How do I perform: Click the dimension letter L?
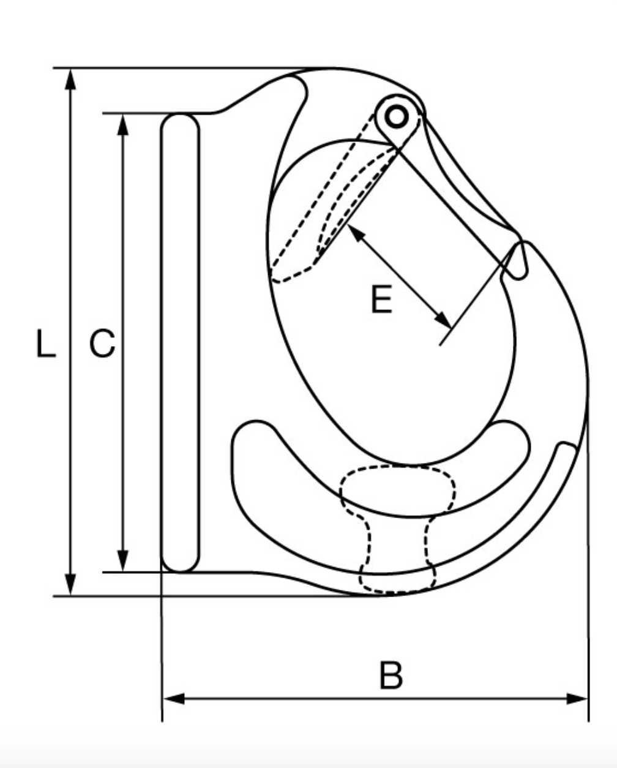pos(45,344)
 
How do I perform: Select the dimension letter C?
pos(102,344)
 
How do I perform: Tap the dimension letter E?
pos(382,301)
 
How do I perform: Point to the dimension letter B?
pos(391,675)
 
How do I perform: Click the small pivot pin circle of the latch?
pos(397,116)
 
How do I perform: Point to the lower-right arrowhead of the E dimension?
pos(443,320)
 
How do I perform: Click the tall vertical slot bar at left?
pos(180,343)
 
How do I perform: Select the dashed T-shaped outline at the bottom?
pos(398,527)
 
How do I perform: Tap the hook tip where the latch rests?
pos(518,260)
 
